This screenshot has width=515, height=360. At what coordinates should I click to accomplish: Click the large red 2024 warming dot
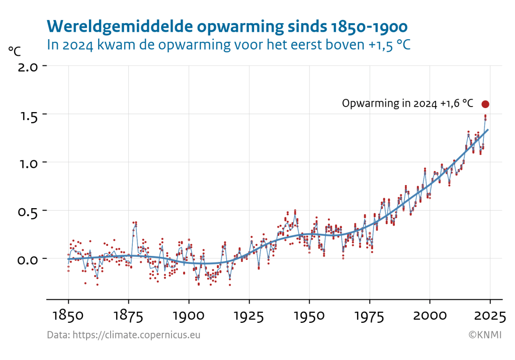click(485, 104)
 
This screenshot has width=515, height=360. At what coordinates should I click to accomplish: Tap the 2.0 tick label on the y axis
click(28, 66)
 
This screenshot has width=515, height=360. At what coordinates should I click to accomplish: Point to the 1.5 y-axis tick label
click(28, 115)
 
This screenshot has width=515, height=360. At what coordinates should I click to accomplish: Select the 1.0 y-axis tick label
click(28, 163)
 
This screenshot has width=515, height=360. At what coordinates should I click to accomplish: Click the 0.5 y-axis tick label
click(28, 211)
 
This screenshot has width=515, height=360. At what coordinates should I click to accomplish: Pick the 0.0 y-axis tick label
click(28, 259)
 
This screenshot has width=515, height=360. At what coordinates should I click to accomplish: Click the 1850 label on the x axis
click(68, 316)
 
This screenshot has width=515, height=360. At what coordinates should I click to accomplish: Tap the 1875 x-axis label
click(129, 316)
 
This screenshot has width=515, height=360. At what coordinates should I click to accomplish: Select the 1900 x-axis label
click(189, 316)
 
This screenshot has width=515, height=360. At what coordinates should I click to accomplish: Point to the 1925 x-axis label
click(249, 316)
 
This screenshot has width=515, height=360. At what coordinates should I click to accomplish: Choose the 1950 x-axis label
click(309, 316)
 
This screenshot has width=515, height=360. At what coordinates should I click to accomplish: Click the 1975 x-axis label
click(370, 316)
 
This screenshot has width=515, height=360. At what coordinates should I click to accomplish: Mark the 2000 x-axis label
click(430, 316)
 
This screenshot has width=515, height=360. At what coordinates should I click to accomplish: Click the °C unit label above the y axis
click(15, 51)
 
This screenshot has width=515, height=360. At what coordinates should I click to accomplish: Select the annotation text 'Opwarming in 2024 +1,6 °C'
click(407, 104)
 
